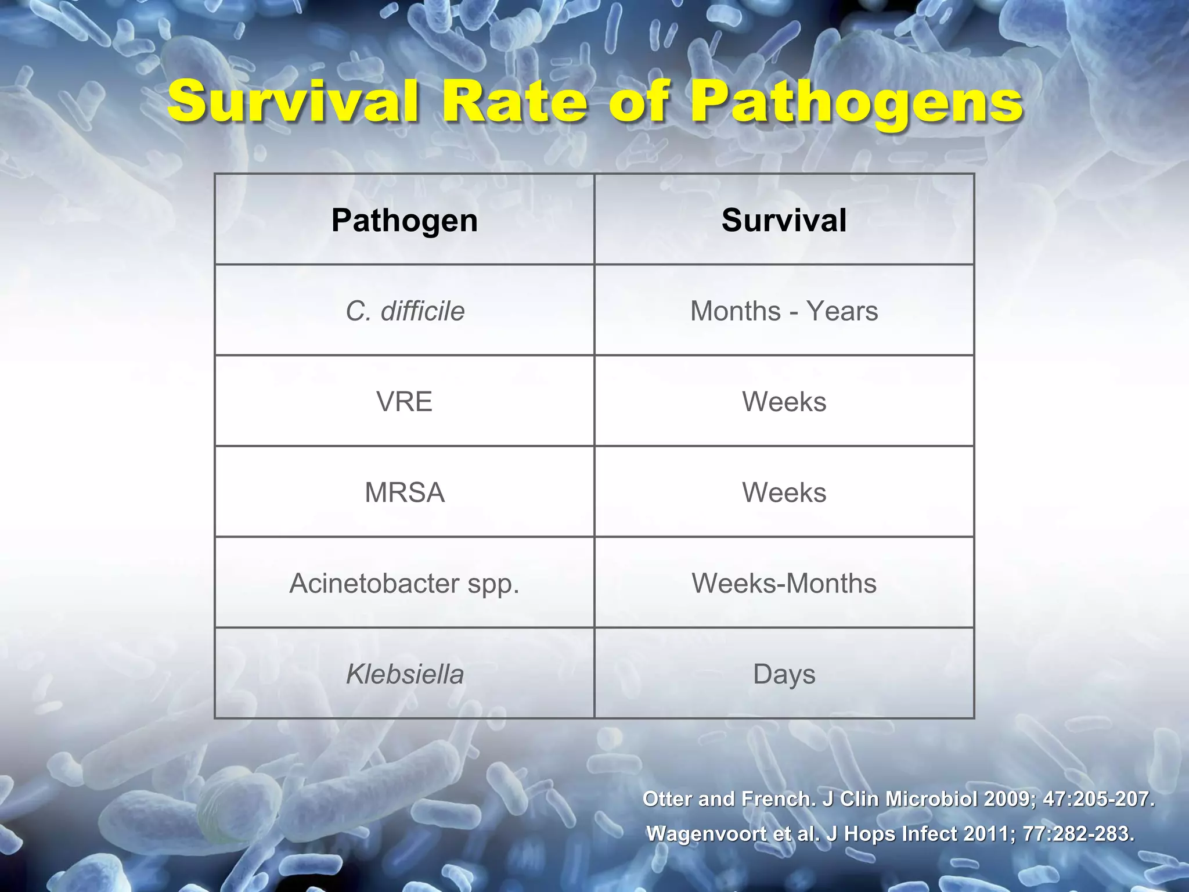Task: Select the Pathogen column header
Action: click(x=405, y=221)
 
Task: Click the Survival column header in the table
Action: click(x=784, y=221)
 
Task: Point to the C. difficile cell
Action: click(x=405, y=311)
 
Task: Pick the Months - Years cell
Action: click(x=784, y=311)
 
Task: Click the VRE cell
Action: click(x=405, y=402)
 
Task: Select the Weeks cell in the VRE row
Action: click(x=784, y=402)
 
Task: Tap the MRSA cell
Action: click(x=405, y=492)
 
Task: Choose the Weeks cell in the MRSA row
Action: click(x=784, y=492)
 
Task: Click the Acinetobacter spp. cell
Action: click(x=405, y=583)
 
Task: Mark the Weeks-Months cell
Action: click(x=784, y=583)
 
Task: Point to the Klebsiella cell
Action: click(x=405, y=674)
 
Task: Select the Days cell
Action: click(x=784, y=674)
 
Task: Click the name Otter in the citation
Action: click(x=668, y=800)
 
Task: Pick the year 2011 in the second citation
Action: click(x=987, y=834)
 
